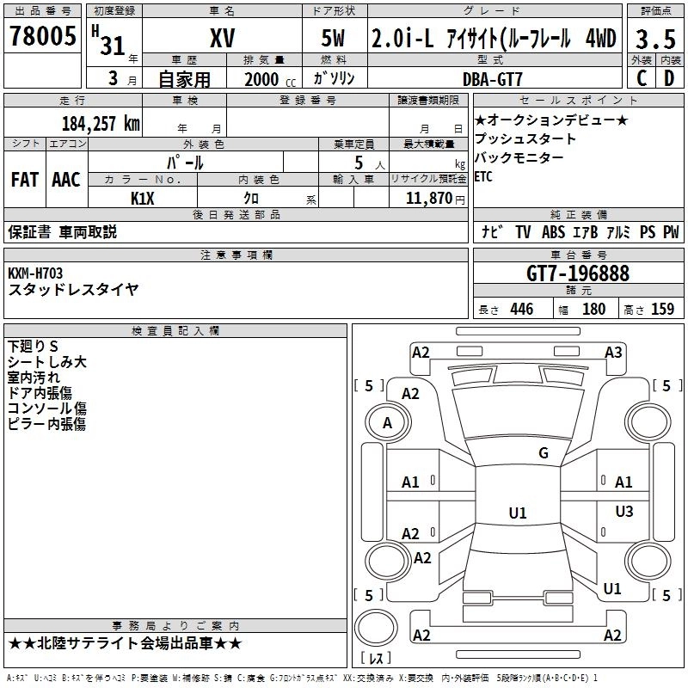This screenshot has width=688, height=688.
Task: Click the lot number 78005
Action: point(42,37)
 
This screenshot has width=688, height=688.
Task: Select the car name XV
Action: point(222,40)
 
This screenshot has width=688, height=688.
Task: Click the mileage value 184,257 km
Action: point(101,123)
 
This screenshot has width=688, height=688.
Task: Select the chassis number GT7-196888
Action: point(578,273)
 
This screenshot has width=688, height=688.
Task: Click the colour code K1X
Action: point(143,198)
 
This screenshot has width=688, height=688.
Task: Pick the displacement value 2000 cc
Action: point(262,79)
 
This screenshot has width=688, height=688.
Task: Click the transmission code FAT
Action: point(24,180)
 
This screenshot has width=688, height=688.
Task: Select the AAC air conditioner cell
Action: point(66,180)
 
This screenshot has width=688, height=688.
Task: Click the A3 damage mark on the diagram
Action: point(613,352)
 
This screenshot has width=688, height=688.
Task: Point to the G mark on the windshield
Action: point(543,453)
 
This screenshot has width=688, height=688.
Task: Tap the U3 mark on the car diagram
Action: point(624,512)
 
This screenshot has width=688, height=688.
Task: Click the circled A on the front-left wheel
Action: point(387,423)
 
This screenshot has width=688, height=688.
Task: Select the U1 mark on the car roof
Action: point(517,513)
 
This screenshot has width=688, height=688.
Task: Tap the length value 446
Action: point(521,310)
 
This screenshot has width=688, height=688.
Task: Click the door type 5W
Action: point(335,40)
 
